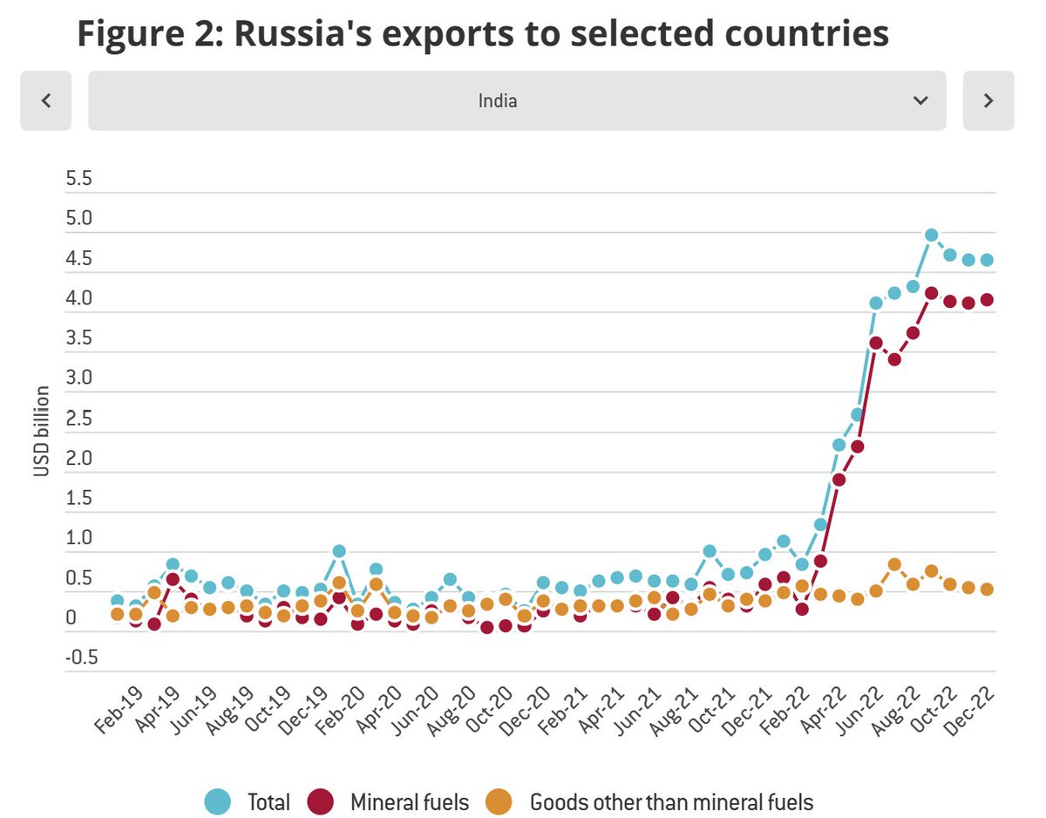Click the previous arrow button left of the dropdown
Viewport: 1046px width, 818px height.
click(45, 100)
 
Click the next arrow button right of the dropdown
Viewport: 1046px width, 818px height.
click(988, 100)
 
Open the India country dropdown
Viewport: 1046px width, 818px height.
click(516, 100)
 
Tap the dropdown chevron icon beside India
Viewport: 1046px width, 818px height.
click(920, 100)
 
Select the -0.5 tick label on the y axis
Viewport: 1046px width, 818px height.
click(79, 657)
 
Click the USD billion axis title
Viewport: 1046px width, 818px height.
click(41, 432)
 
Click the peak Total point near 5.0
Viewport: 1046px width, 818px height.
click(931, 235)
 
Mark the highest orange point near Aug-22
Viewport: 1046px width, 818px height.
click(894, 564)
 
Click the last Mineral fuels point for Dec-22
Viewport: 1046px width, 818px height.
click(988, 299)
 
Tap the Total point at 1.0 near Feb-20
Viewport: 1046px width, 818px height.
click(339, 551)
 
